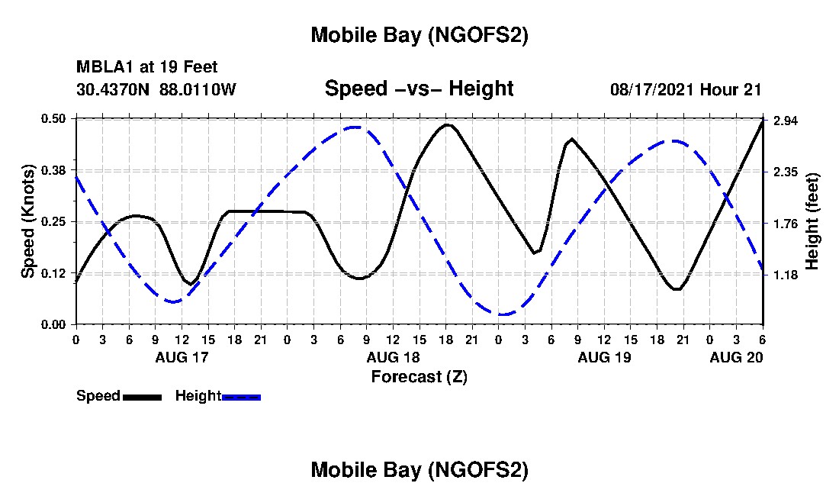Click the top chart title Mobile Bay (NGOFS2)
point(419,35)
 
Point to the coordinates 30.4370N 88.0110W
point(156,89)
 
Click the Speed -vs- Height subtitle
point(419,89)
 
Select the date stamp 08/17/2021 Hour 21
point(686,89)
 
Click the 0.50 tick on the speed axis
point(56,118)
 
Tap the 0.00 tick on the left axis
point(56,324)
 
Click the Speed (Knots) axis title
point(28,221)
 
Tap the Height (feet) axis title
point(812,221)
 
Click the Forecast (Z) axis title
point(419,376)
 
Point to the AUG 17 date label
point(182,357)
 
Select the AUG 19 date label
point(604,357)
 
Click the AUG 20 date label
point(736,357)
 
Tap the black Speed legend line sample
point(142,397)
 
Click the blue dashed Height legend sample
point(241,397)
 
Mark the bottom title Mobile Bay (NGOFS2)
point(419,470)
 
